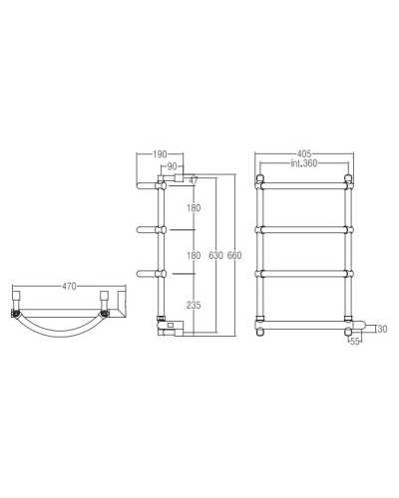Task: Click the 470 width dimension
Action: tap(69, 287)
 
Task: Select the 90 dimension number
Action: tap(173, 165)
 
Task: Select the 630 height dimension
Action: tap(215, 255)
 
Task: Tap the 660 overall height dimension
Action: tap(234, 255)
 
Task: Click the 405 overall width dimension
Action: tap(305, 154)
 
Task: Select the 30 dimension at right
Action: tap(382, 329)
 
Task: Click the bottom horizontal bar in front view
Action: tap(305, 321)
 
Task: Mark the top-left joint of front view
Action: tap(261, 183)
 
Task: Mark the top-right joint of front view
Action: tap(349, 183)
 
